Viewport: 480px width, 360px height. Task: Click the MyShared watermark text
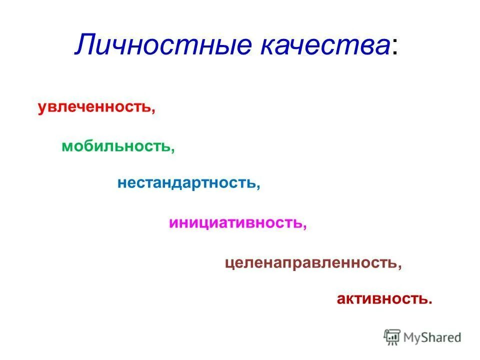point(433,337)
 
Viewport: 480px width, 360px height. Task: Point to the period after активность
point(429,302)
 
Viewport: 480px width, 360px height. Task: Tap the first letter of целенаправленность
point(228,263)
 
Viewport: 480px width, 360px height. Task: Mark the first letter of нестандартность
point(121,183)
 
